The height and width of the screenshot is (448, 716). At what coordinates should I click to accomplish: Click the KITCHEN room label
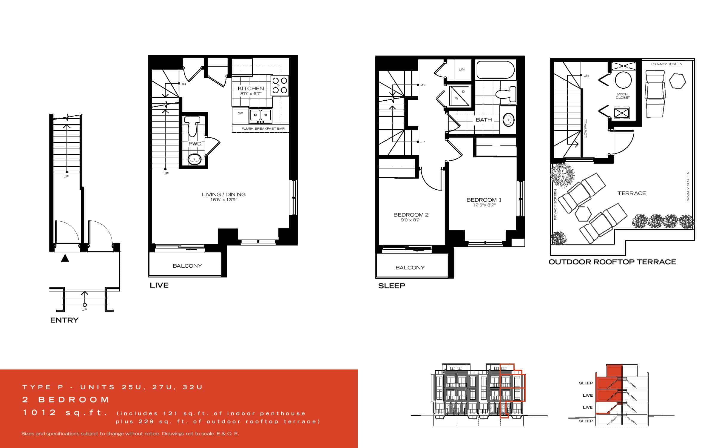[x=251, y=88]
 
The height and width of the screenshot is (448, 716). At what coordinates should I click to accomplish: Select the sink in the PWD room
[x=194, y=159]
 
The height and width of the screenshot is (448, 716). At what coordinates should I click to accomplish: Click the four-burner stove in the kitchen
[x=280, y=85]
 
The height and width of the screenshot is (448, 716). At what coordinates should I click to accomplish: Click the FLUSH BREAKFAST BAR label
[x=263, y=129]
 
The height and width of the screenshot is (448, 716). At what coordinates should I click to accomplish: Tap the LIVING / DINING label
[x=224, y=194]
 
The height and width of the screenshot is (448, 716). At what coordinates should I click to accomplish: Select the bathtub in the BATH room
[x=495, y=70]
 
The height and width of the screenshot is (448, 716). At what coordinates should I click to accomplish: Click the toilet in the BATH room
[x=506, y=94]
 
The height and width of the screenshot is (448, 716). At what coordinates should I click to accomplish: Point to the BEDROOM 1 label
[x=484, y=200]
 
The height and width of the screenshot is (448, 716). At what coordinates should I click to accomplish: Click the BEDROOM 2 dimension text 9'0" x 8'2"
[x=411, y=220]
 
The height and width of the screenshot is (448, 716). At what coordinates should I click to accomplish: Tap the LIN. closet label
[x=462, y=70]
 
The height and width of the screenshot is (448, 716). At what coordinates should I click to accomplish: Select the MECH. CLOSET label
[x=623, y=96]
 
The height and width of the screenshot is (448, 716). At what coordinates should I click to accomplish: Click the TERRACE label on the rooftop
[x=632, y=194]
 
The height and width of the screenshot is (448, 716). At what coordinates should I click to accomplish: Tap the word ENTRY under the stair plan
[x=64, y=320]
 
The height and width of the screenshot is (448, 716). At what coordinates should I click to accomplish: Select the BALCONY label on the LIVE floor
[x=187, y=266]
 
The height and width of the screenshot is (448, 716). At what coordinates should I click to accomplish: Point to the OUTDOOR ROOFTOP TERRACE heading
[x=612, y=262]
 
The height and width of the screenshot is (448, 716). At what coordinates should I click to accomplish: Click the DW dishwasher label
[x=240, y=113]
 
